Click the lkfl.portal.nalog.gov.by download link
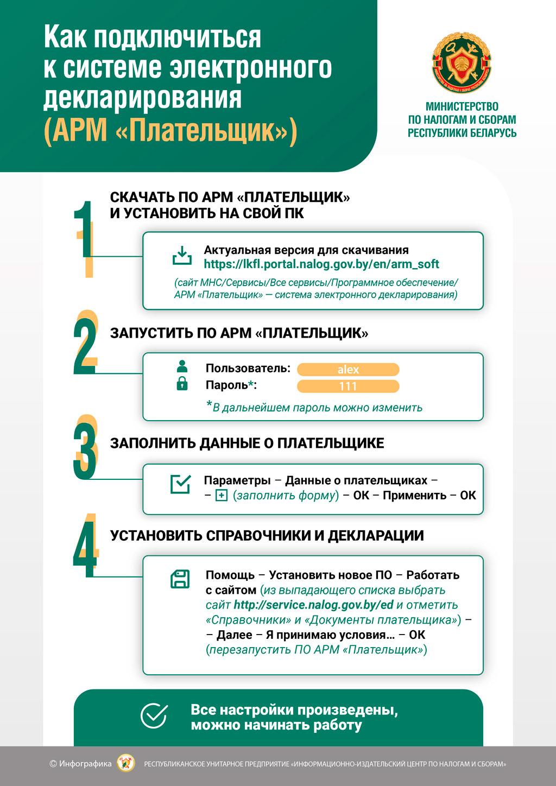[321, 264]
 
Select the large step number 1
[85, 233]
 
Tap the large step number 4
[85, 546]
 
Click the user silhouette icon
[182, 366]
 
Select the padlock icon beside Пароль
[182, 384]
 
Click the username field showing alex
[348, 370]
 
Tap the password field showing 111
[348, 386]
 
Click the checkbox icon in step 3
[181, 484]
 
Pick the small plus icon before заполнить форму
[221, 496]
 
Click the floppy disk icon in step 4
[180, 579]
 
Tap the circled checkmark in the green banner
[154, 716]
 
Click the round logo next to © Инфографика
[127, 764]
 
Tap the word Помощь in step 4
[230, 575]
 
